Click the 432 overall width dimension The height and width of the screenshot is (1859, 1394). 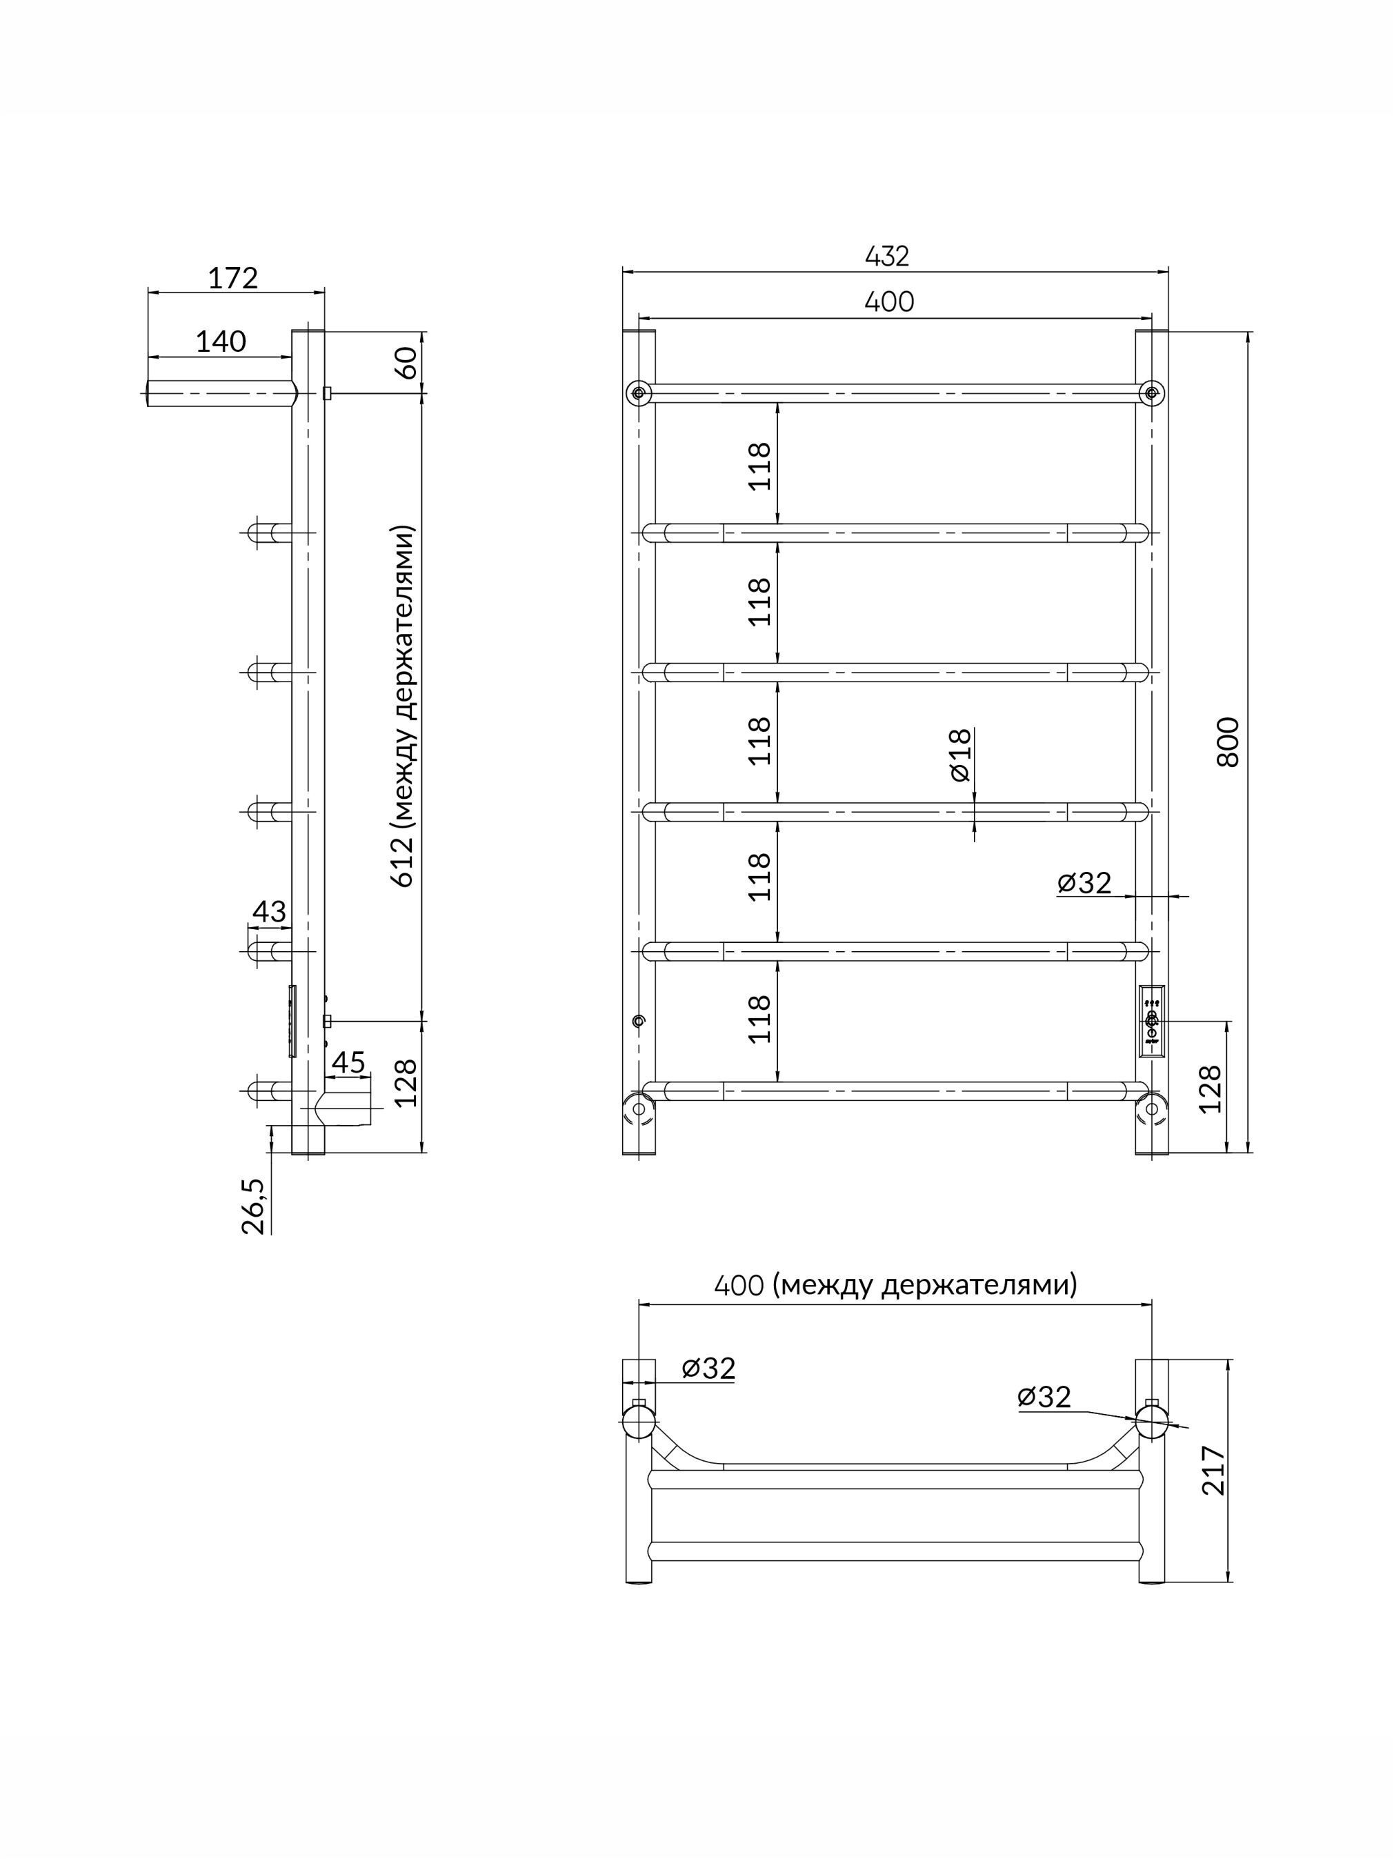point(887,257)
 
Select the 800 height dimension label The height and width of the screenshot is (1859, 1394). point(1228,742)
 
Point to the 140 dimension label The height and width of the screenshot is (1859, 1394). point(221,341)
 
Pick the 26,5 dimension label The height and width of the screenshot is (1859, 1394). point(254,1206)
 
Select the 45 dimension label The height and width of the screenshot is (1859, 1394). point(349,1062)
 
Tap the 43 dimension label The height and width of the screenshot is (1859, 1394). point(270,911)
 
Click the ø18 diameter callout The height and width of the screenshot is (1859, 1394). point(959,755)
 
